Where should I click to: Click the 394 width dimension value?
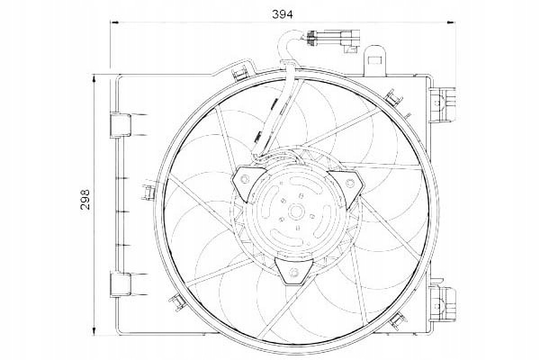point(282,14)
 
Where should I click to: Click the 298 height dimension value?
point(85,199)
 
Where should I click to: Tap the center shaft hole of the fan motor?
point(295,211)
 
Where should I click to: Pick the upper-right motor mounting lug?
point(347,186)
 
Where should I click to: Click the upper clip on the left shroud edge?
point(121,125)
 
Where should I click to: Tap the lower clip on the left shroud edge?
point(121,284)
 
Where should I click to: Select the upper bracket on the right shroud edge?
point(443,104)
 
